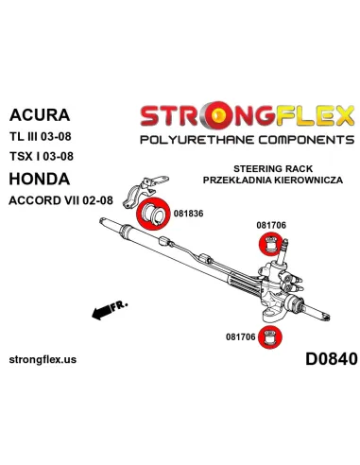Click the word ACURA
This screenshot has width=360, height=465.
click(40, 115)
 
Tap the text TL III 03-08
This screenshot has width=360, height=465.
click(41, 136)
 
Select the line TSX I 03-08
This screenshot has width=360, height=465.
click(42, 156)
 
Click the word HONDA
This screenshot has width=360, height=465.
click(40, 179)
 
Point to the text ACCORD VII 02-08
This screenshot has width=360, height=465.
click(60, 200)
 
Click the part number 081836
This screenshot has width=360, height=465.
click(188, 214)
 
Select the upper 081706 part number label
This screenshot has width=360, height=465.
click(271, 225)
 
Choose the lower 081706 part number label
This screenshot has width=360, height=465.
click(240, 336)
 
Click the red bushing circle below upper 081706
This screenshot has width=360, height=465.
click(270, 244)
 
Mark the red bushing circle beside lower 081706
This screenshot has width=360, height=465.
click(270, 337)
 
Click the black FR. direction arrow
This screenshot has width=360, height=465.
click(102, 313)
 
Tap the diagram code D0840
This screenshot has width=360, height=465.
click(332, 359)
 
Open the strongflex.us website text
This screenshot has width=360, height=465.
click(43, 359)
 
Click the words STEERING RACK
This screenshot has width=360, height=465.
click(273, 169)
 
